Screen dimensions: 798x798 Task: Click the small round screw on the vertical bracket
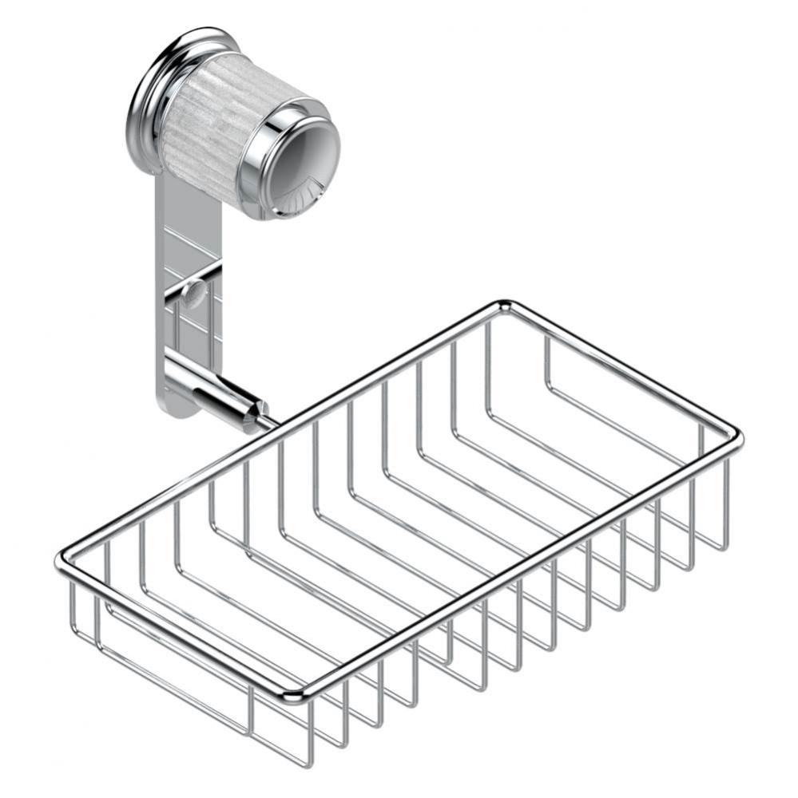click(x=193, y=294)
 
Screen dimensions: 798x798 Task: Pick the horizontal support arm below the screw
click(x=212, y=387)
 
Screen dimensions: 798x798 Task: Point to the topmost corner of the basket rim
click(x=503, y=304)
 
